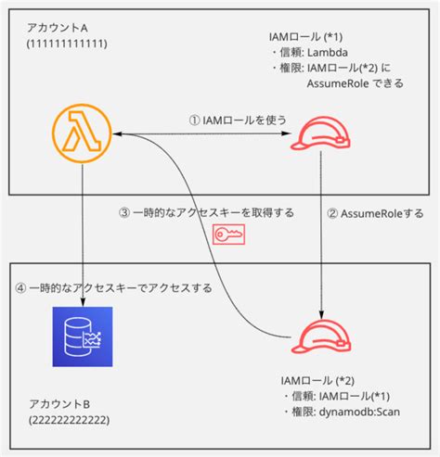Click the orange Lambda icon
(x=83, y=135)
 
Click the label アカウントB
(x=58, y=405)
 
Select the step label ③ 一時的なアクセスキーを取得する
(x=207, y=212)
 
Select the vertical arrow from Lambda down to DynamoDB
(x=83, y=232)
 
